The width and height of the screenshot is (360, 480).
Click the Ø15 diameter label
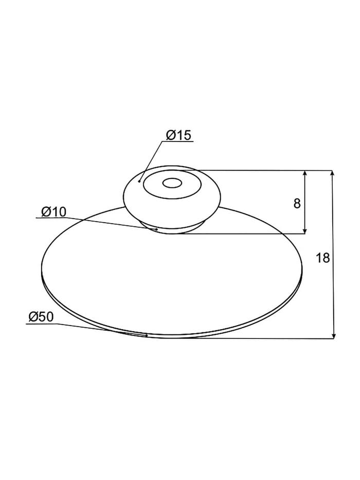178,135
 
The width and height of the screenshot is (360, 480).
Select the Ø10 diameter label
53,211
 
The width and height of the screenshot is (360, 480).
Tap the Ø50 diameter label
41,316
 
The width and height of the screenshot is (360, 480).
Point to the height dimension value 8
297,203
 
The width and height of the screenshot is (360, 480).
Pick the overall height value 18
322,258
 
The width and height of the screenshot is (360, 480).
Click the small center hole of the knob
172,183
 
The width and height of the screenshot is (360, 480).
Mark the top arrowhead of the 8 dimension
304,174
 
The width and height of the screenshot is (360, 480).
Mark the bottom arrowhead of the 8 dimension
304,230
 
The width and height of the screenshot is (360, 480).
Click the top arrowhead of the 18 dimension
334,174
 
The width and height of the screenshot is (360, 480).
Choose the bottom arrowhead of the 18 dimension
334,335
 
